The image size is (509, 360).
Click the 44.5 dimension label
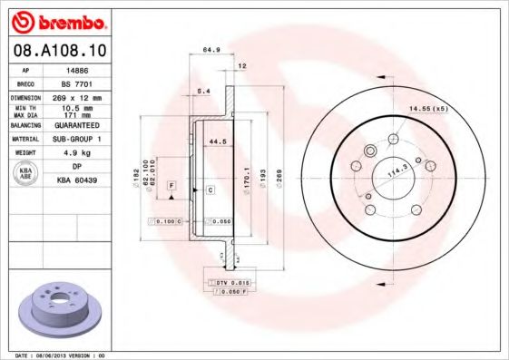[217, 142]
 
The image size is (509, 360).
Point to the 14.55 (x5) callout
[428, 109]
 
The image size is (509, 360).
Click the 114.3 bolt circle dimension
[396, 170]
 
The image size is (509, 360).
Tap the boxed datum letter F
[170, 185]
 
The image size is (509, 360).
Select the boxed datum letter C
[210, 190]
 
